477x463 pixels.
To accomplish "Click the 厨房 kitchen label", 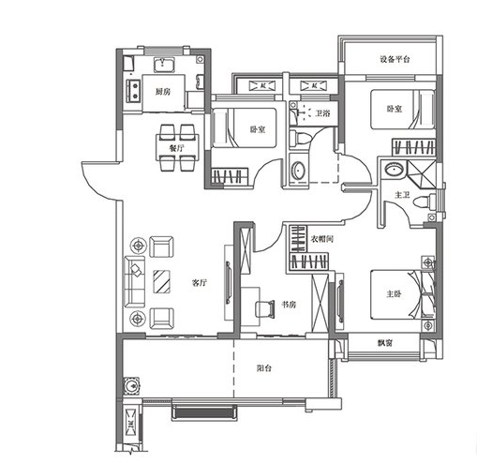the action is [163, 92].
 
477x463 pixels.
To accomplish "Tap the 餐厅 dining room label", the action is [176, 148].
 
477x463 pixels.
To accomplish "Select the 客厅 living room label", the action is [200, 283].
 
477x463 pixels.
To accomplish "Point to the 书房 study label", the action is [289, 305].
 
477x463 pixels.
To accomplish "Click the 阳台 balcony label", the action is [264, 368].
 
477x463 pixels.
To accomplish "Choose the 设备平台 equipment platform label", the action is [395, 59].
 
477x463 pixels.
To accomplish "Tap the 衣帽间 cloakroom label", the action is [322, 239].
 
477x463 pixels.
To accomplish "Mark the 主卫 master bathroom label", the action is [402, 195].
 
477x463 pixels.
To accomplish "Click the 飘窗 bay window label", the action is [385, 343].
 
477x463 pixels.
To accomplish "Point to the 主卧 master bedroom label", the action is [394, 294].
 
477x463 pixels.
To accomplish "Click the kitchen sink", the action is [164, 65].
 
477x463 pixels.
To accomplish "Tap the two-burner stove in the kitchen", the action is [134, 91].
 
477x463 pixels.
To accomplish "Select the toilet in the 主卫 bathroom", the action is [425, 202].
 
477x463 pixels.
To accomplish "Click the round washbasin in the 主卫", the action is [395, 170].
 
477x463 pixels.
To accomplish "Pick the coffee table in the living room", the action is [162, 282].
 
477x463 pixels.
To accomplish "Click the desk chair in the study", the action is [265, 309].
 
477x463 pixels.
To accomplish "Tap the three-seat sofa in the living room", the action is [135, 281].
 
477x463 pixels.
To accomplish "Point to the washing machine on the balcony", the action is [131, 386].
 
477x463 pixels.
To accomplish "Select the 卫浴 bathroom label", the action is [322, 112].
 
